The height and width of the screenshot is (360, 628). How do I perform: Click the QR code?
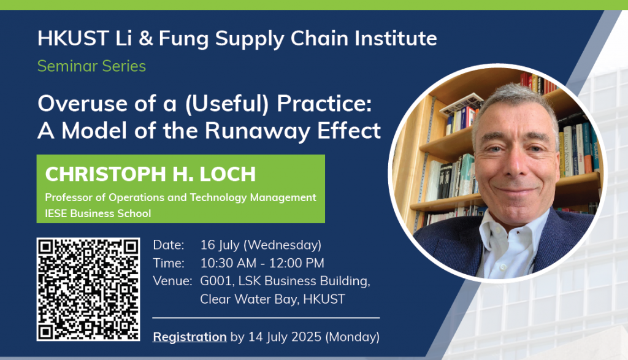88,289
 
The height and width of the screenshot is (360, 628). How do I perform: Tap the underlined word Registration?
190,337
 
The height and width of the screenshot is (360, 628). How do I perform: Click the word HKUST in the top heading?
74,39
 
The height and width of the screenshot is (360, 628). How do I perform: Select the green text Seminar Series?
92,66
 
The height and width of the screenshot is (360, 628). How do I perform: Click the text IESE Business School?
98,213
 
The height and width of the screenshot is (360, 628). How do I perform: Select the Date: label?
169,245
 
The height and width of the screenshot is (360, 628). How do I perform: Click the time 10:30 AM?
228,263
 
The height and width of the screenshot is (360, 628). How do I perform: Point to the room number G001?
216,281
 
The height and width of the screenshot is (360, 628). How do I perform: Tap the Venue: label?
172,281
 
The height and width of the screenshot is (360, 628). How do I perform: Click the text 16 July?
220,245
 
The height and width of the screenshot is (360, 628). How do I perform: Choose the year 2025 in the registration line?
306,337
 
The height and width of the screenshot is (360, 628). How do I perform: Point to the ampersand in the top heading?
145,39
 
